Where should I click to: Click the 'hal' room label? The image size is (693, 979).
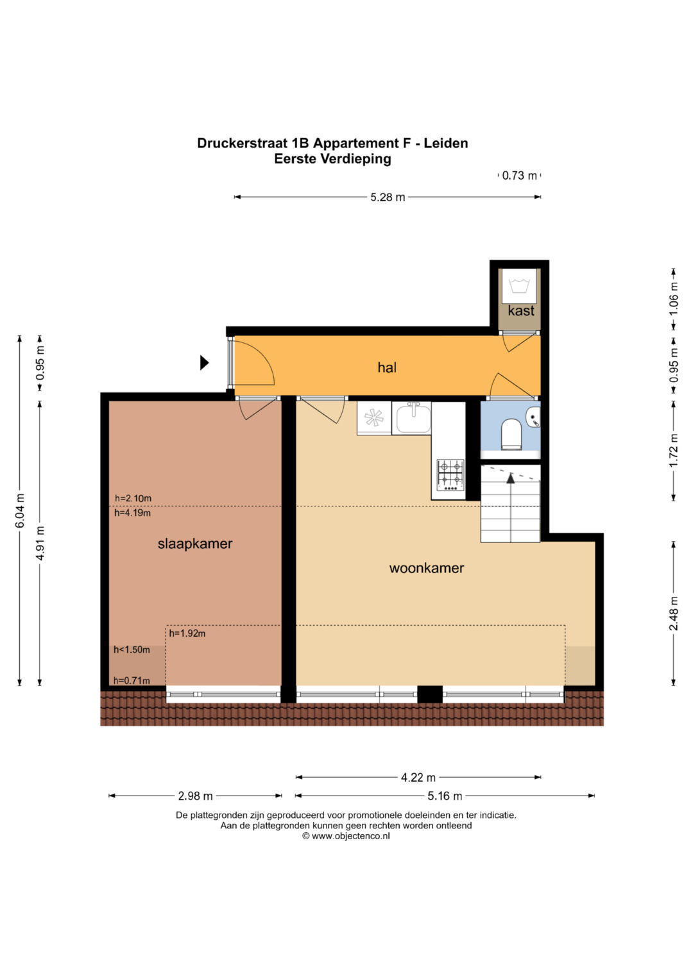tap(387, 367)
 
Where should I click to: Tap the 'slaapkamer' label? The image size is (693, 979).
tap(194, 544)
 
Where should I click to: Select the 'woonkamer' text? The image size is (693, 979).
tap(426, 568)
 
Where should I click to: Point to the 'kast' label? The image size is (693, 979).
tap(520, 311)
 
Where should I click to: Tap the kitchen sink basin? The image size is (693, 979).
tap(413, 418)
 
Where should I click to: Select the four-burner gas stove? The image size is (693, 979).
tap(450, 475)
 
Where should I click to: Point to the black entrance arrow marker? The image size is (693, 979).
tap(204, 362)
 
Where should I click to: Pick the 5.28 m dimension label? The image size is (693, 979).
tap(388, 197)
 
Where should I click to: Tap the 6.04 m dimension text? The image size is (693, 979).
tap(20, 510)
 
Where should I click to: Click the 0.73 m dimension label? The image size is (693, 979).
tap(519, 176)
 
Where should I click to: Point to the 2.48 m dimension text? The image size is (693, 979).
tap(674, 614)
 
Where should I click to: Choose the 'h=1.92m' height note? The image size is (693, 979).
tap(187, 633)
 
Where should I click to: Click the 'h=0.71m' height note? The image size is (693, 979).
tap(132, 680)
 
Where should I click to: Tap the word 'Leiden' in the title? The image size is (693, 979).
tap(446, 144)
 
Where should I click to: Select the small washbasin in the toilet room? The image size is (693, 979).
tap(534, 417)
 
